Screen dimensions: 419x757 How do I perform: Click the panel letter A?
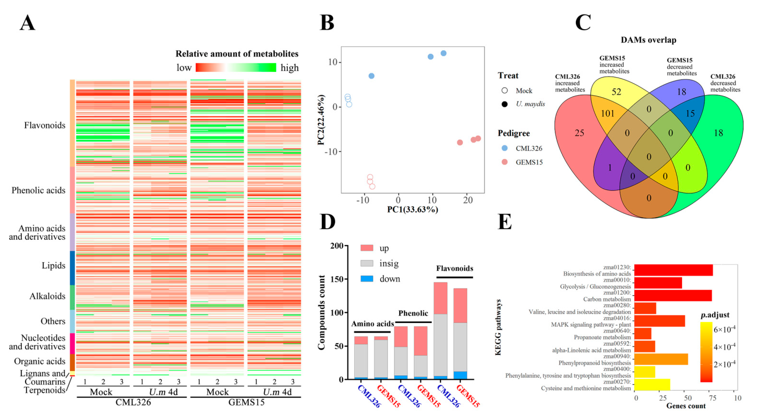pyautogui.click(x=28, y=23)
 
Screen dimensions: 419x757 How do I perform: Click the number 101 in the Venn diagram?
pyautogui.click(x=607, y=113)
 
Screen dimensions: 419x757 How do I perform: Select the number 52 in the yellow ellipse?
pyautogui.click(x=616, y=92)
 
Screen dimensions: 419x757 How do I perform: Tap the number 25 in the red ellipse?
pyautogui.click(x=579, y=133)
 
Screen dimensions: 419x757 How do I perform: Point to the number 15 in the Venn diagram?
pyautogui.click(x=690, y=113)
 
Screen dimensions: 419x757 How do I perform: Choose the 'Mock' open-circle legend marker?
pyautogui.click(x=505, y=90)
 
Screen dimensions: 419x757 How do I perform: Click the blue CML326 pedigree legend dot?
pyautogui.click(x=505, y=148)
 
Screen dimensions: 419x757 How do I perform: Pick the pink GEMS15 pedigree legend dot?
pyautogui.click(x=505, y=162)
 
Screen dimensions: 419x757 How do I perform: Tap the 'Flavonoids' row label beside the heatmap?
pyautogui.click(x=45, y=125)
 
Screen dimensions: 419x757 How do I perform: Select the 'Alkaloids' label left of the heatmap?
pyautogui.click(x=47, y=296)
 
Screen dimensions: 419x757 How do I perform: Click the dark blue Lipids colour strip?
pyautogui.click(x=72, y=268)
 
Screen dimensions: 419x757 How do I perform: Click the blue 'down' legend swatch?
pyautogui.click(x=367, y=279)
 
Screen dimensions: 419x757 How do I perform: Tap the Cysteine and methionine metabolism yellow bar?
pyautogui.click(x=652, y=384)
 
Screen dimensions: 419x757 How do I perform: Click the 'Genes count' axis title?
pyautogui.click(x=686, y=406)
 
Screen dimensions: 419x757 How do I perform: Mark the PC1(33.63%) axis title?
pyautogui.click(x=413, y=209)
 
